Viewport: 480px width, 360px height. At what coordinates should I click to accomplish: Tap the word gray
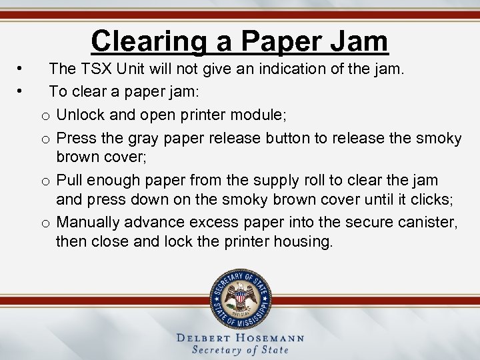pos(140,138)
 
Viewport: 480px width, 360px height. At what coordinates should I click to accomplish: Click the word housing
pos(306,241)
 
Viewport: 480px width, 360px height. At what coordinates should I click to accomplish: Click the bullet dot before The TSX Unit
pos(22,68)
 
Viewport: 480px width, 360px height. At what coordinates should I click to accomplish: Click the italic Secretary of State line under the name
pos(240,350)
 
